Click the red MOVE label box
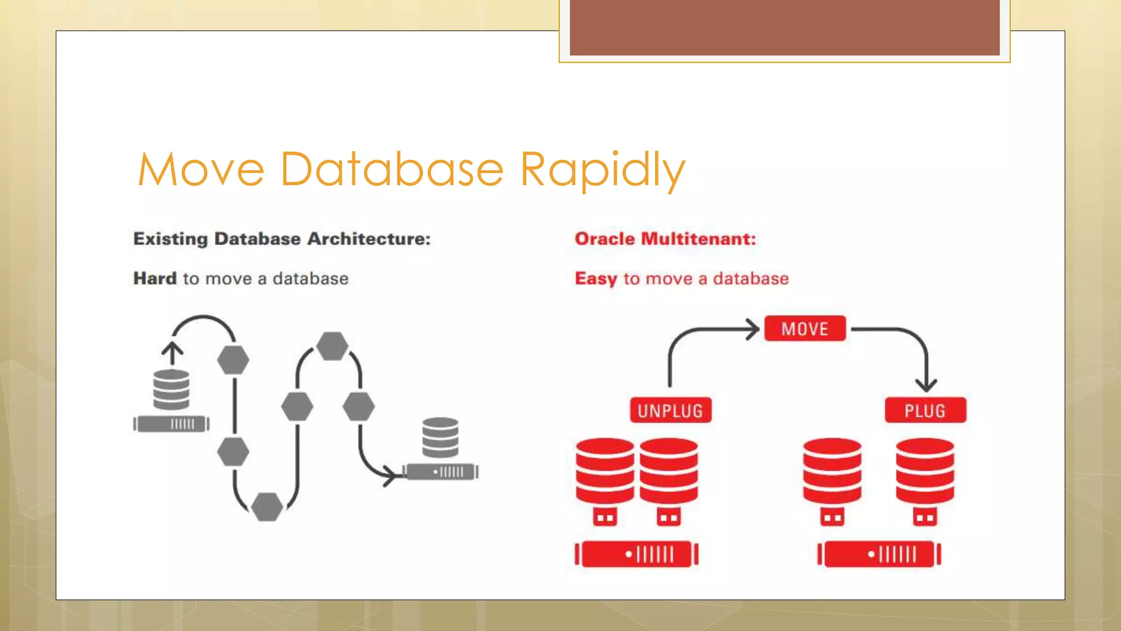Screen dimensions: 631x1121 [x=805, y=329]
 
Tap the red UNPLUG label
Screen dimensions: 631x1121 [x=671, y=410]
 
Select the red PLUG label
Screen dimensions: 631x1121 [x=925, y=410]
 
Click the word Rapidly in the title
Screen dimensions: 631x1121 [x=602, y=170]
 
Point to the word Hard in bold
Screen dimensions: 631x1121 [x=155, y=278]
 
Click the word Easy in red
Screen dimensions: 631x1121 [x=596, y=278]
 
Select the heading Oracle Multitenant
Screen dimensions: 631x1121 [x=665, y=239]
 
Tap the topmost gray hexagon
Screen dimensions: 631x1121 [x=332, y=346]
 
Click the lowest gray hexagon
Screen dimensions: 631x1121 [x=267, y=507]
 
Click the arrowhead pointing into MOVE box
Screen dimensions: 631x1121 [x=753, y=329]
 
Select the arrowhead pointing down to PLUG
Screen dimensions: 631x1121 [x=926, y=385]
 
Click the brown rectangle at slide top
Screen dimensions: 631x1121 [x=784, y=27]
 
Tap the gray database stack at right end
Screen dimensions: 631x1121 [x=440, y=437]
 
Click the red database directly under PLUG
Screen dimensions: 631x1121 [x=925, y=471]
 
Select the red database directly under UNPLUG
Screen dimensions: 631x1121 [x=669, y=471]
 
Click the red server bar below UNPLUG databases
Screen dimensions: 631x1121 [x=637, y=554]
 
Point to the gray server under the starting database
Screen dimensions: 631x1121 [x=171, y=424]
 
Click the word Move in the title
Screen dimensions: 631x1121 [x=201, y=170]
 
